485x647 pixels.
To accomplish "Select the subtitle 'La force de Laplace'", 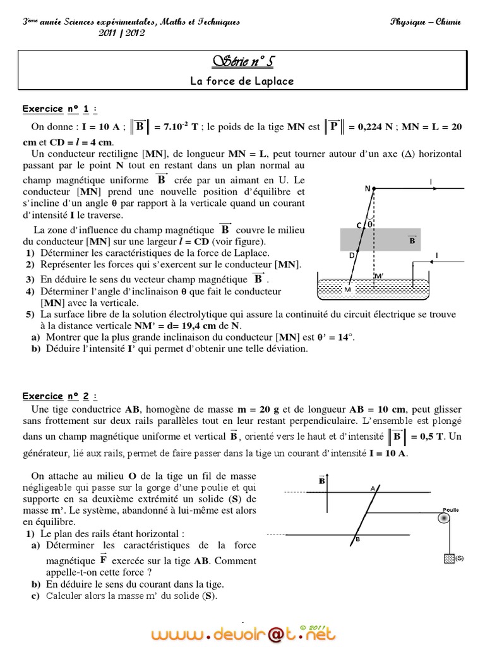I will coord(242,81).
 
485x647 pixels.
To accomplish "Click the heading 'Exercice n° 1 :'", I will coord(61,109).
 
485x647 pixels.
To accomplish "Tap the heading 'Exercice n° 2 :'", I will coord(61,396).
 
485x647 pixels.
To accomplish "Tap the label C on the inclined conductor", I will coord(358,225).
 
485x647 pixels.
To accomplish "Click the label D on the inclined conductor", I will coord(352,255).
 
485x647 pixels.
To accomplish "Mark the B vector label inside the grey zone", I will coord(412,240).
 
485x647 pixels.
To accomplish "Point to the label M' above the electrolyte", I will coord(378,276).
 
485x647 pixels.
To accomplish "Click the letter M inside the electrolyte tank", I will coord(346,289).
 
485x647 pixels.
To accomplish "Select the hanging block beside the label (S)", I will coord(449,559).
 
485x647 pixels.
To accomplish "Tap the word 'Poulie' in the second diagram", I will coord(450,509).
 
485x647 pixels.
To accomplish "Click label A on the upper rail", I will coord(373,488).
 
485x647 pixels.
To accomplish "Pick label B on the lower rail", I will coord(357,539).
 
